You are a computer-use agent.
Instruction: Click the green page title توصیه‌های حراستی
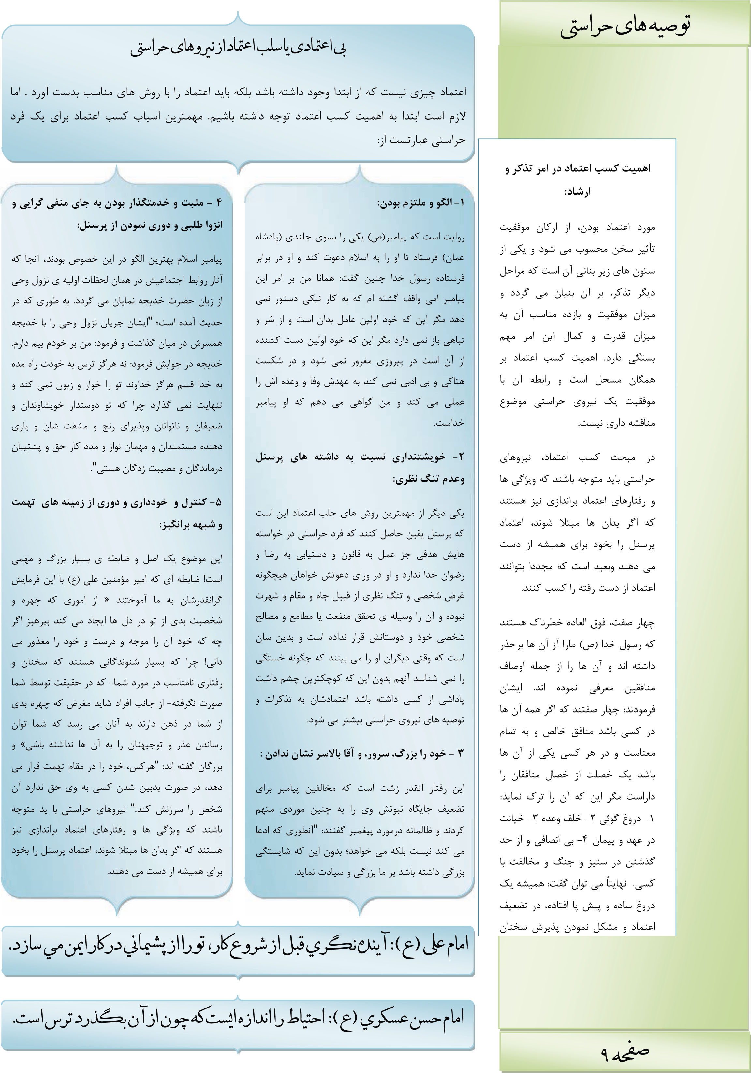pos(625,27)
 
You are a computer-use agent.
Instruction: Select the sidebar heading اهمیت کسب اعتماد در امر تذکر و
pos(578,169)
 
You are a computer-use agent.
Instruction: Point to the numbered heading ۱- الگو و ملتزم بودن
pos(420,203)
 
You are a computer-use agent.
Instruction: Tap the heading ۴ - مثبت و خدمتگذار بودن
pos(117,203)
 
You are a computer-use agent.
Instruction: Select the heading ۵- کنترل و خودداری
pos(117,503)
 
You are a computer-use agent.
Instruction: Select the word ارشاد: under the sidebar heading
pos(578,192)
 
